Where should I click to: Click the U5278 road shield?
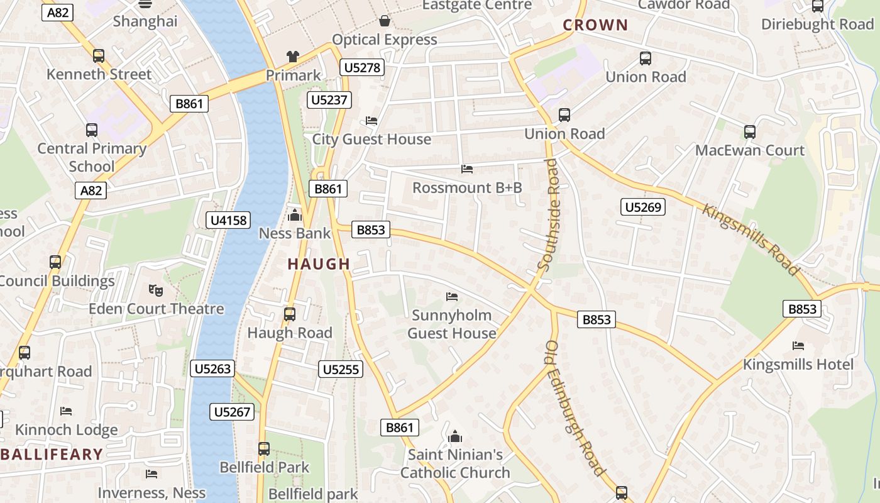(363, 67)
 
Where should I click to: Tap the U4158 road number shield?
(228, 220)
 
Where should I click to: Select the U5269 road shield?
(643, 207)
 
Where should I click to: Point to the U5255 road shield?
(341, 369)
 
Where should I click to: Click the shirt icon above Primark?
(293, 57)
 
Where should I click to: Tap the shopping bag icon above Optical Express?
(385, 21)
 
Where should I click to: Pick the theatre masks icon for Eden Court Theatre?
(156, 290)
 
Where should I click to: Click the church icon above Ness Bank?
(294, 216)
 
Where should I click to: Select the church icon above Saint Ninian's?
(455, 436)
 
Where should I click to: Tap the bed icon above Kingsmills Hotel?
(798, 346)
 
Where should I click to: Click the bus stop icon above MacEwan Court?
(750, 132)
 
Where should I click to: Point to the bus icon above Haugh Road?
(290, 314)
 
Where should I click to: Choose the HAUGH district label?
(319, 264)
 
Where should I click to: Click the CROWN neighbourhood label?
(595, 25)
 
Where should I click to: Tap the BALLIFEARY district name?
(52, 454)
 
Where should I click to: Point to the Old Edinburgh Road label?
(575, 409)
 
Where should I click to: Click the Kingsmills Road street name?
(751, 240)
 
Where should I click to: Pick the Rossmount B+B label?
(467, 187)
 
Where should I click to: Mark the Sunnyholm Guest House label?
(452, 324)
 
